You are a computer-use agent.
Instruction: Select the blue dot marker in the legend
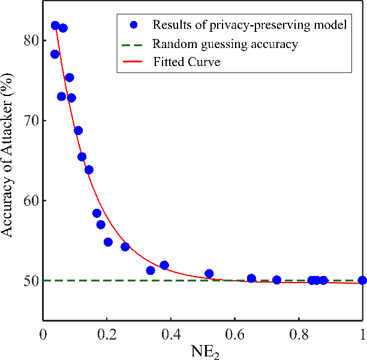tap(134, 25)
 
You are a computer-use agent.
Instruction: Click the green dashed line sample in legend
tap(134, 44)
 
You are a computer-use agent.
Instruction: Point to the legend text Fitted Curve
tap(187, 62)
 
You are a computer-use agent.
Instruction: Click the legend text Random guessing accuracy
tap(225, 44)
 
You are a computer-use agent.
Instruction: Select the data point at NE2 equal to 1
tap(362, 280)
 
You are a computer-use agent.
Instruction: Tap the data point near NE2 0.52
tap(209, 274)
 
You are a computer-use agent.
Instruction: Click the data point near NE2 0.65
tap(251, 278)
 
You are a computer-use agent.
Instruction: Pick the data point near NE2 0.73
tap(276, 280)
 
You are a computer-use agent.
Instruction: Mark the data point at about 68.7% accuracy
tap(78, 131)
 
